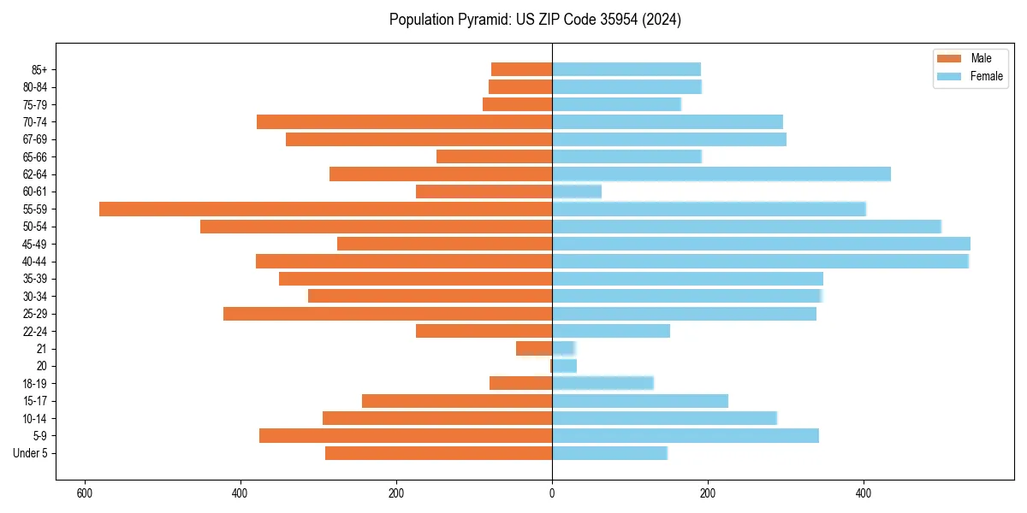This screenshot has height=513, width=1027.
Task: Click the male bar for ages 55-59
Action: pos(325,209)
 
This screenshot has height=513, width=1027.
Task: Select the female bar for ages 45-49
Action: pos(761,244)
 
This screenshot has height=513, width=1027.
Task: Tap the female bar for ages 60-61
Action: pos(577,192)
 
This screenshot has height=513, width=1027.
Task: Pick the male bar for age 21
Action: pos(534,349)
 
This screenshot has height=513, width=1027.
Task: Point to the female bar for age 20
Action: pos(564,366)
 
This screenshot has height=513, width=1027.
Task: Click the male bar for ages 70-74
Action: pos(404,122)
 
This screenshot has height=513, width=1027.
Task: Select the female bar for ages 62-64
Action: pos(721,174)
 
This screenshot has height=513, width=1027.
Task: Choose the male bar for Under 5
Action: pos(438,453)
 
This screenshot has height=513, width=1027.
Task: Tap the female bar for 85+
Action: pos(626,69)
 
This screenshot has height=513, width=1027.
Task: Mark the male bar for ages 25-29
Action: pos(388,314)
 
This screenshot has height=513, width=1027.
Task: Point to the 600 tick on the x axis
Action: pos(84,493)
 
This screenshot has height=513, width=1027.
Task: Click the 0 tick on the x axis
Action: pos(552,493)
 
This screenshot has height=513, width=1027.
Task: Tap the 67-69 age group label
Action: pos(35,139)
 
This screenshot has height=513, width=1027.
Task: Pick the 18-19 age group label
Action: pos(35,384)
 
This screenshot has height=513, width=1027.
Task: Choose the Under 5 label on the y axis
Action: pos(31,453)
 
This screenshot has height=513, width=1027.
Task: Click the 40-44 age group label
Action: pos(35,262)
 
